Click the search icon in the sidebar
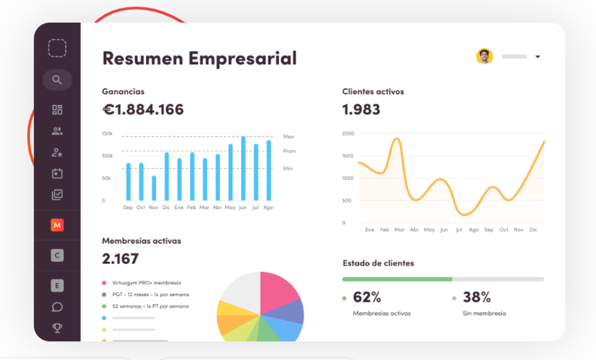(x=57, y=80)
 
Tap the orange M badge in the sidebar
(x=57, y=225)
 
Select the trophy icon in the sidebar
(x=57, y=327)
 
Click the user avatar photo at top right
(x=485, y=57)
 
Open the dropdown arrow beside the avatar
(x=538, y=57)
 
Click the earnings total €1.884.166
(x=143, y=110)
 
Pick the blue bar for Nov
(x=154, y=188)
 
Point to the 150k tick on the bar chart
(x=107, y=134)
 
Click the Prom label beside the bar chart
(x=290, y=151)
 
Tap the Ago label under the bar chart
(x=268, y=207)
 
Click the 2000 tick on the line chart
(x=348, y=134)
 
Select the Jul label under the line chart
(x=458, y=229)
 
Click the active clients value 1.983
(x=361, y=110)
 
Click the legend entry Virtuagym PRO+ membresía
(x=146, y=283)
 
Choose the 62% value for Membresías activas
(x=367, y=297)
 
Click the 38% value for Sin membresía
(x=477, y=297)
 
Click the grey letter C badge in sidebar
(x=57, y=256)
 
